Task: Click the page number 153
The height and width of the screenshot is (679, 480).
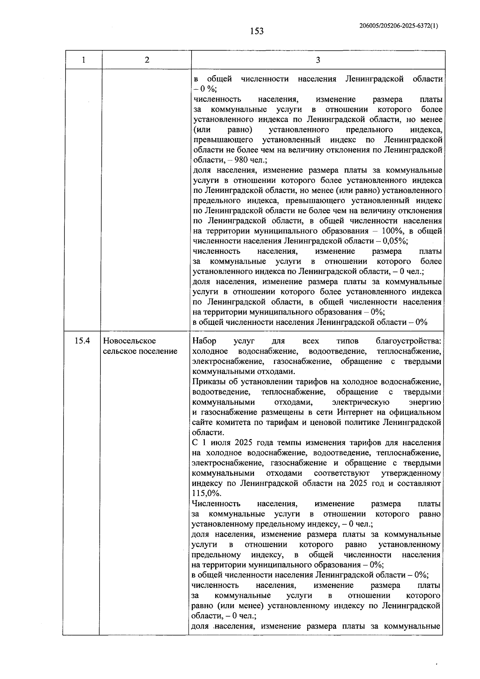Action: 257,31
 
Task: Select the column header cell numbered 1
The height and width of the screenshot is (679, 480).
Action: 83,60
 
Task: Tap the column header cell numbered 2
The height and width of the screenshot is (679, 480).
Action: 147,60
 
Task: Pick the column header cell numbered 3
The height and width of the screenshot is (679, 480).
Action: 318,60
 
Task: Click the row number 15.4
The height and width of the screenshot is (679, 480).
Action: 82,341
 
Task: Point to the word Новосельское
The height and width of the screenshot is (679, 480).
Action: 129,341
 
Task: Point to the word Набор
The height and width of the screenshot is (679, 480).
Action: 204,341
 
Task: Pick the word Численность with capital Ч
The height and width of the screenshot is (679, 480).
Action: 216,504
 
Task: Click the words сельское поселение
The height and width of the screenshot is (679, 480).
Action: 140,351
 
